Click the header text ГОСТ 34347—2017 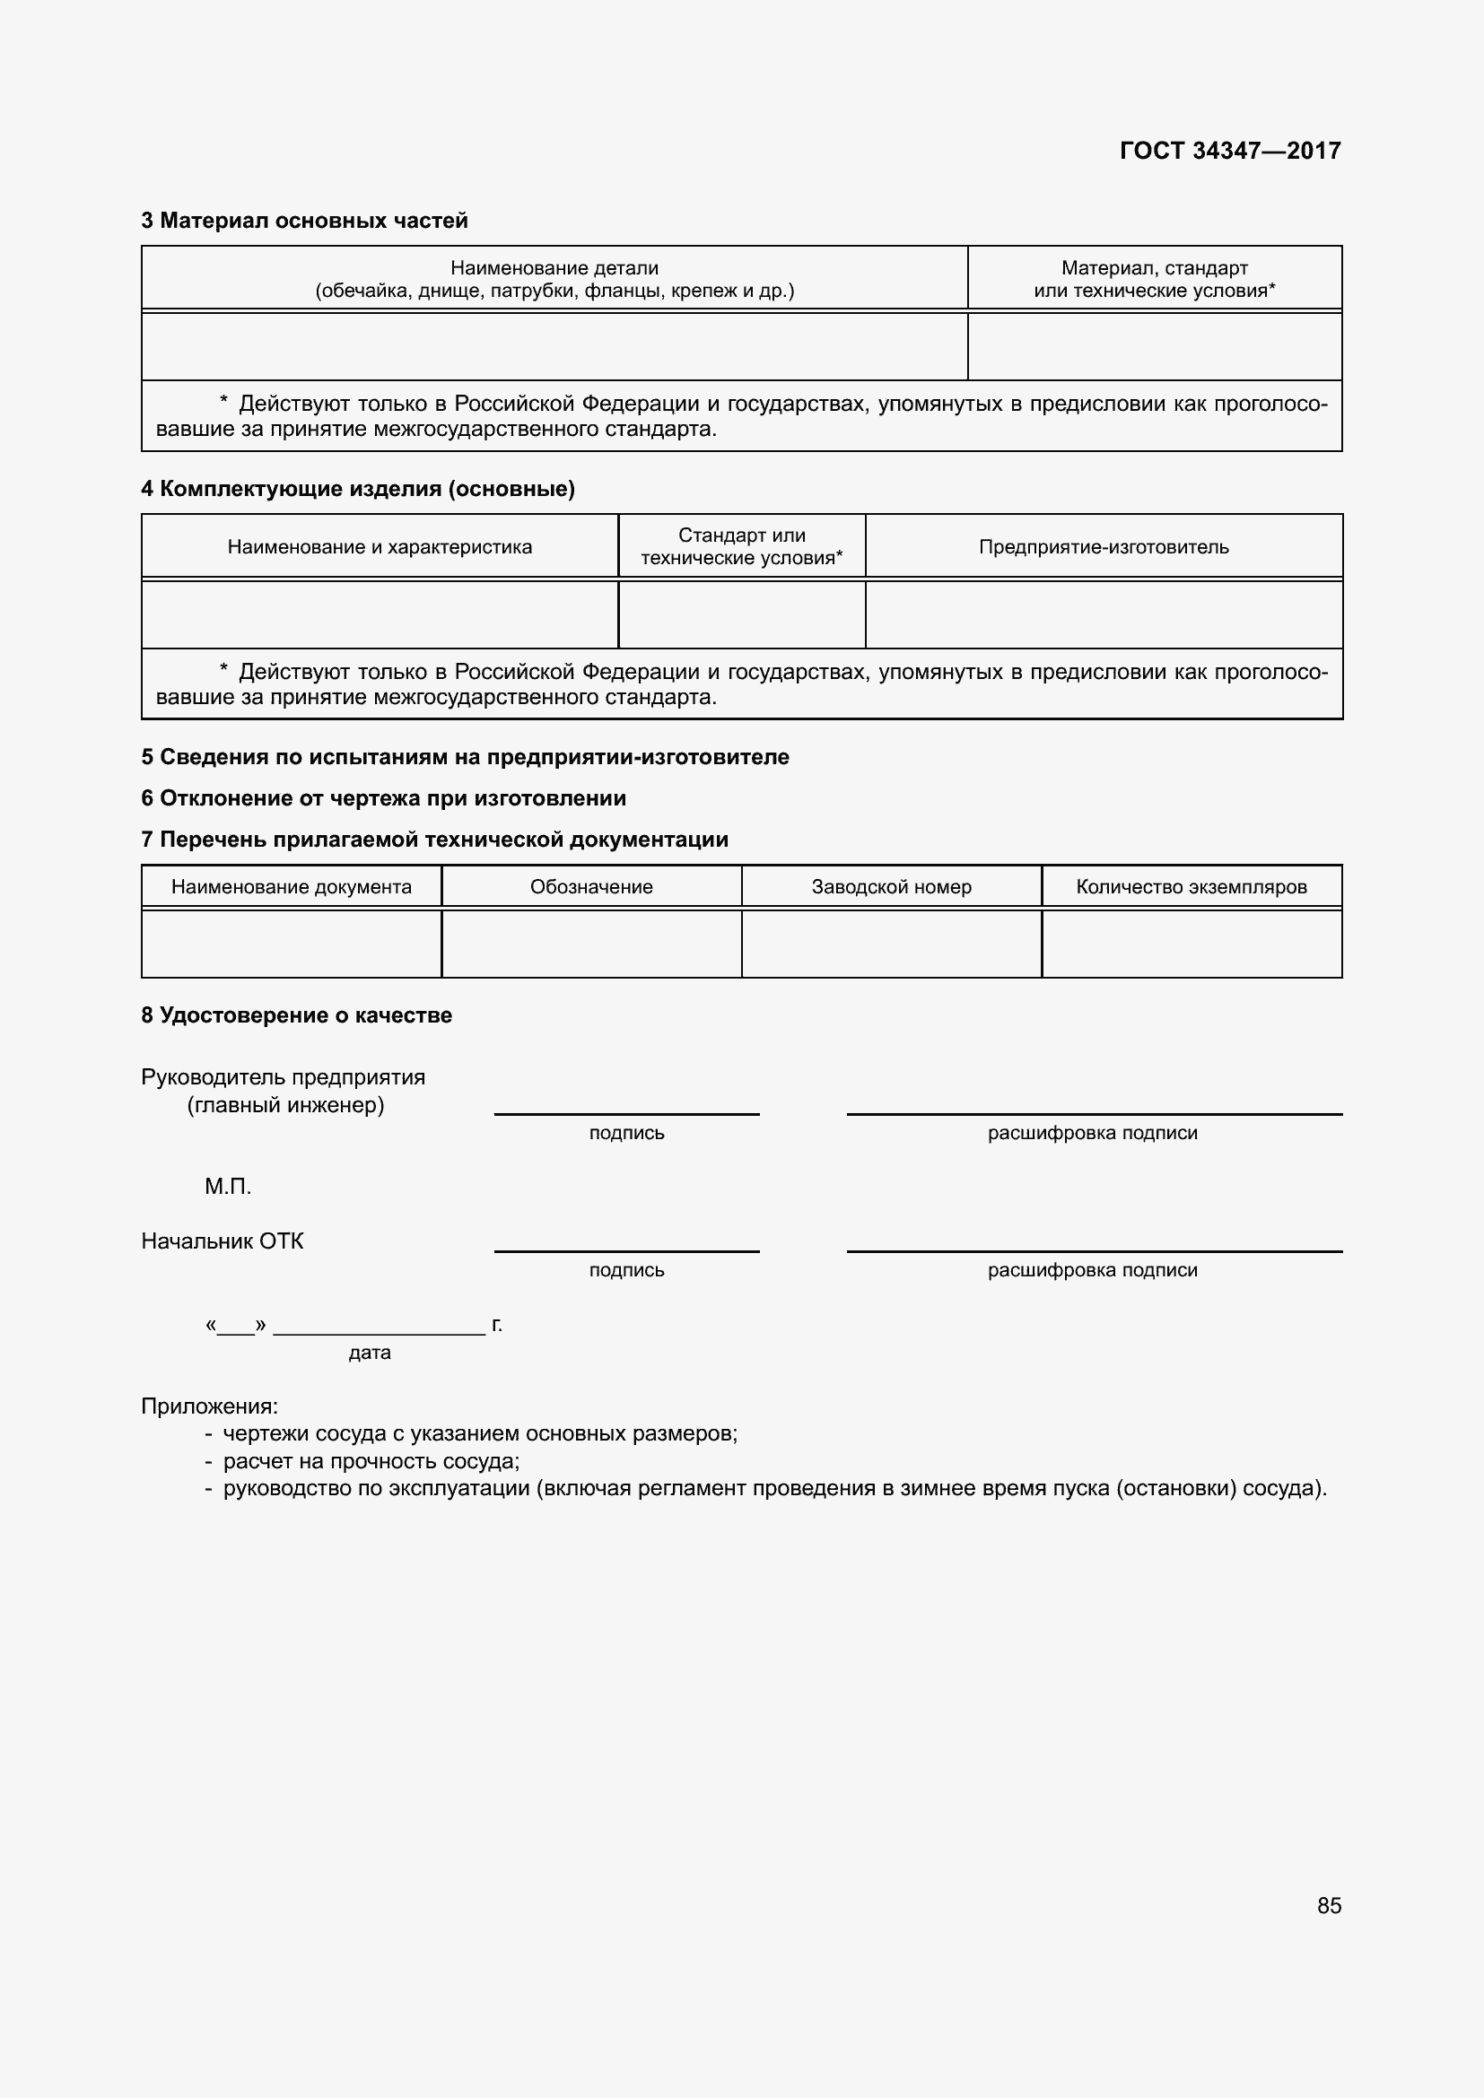[x=1229, y=151]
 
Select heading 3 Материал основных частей [x=304, y=221]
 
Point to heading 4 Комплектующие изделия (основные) [x=357, y=489]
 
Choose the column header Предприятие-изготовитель [x=1103, y=546]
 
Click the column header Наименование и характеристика [x=380, y=546]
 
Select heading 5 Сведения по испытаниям [x=464, y=757]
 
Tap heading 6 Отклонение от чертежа [x=383, y=797]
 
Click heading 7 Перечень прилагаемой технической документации [x=434, y=839]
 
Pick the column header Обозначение [x=591, y=886]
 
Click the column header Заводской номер [x=891, y=886]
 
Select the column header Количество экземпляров [x=1191, y=886]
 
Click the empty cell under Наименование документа [x=292, y=943]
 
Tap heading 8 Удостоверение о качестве [x=296, y=1015]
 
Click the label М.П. [x=228, y=1186]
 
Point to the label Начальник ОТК [x=222, y=1241]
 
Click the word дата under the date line [x=369, y=1353]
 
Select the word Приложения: [x=209, y=1406]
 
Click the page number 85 [x=1329, y=1905]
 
